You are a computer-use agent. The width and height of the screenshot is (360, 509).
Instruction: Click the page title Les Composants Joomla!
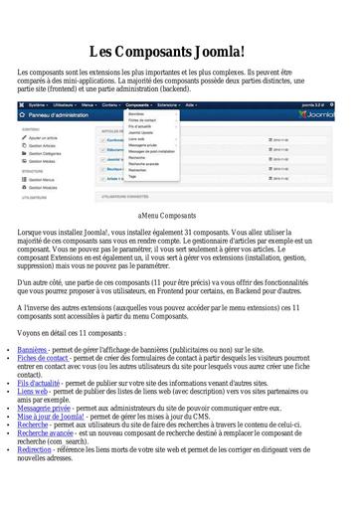pyautogui.click(x=180, y=51)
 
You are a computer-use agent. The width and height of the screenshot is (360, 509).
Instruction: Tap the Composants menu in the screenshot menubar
pyautogui.click(x=138, y=103)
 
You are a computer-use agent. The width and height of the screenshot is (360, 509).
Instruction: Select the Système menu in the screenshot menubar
pyautogui.click(x=37, y=103)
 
